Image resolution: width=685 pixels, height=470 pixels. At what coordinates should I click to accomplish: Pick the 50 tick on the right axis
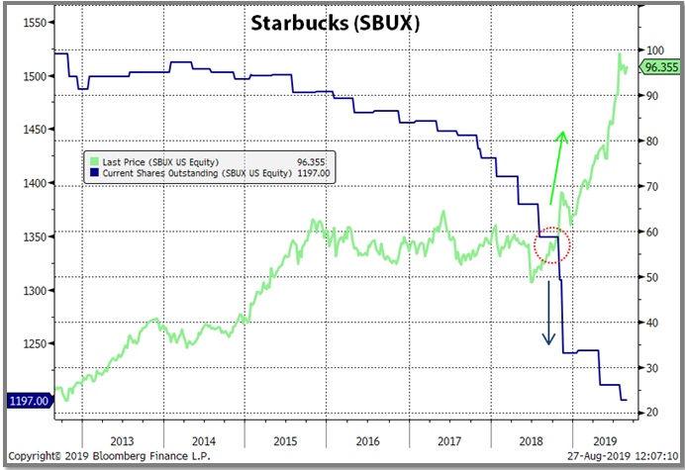click(654, 277)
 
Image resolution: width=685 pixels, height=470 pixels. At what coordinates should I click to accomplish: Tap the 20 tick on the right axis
click(654, 413)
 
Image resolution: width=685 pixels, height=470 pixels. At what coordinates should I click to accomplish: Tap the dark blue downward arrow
click(548, 315)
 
